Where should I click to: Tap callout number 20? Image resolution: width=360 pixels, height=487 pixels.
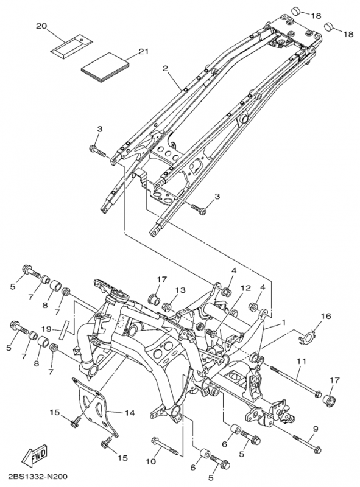41,26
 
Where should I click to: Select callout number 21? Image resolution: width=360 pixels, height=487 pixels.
143,51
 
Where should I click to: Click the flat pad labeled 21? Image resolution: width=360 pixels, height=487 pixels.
105,68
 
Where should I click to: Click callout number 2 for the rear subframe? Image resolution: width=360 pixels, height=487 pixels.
166,68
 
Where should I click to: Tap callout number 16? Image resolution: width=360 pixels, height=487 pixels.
326,316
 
